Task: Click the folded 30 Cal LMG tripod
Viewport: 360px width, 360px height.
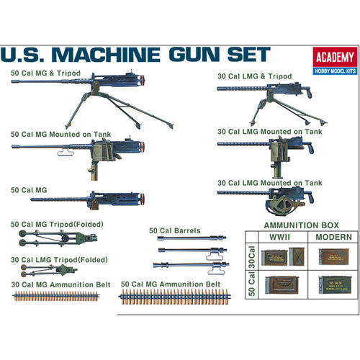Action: [50, 271]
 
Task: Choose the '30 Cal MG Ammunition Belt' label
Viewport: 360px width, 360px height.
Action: [60, 284]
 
